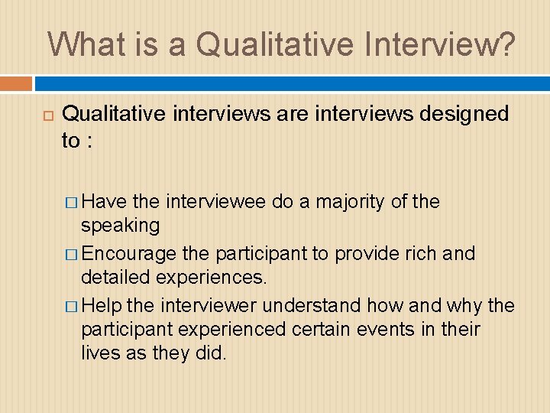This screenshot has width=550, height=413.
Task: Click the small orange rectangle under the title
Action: (x=16, y=83)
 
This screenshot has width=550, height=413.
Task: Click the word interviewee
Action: (x=215, y=202)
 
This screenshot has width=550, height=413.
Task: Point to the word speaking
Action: (x=120, y=225)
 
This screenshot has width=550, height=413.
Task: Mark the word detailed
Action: (x=116, y=277)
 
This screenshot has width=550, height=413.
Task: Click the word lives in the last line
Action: (x=100, y=353)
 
